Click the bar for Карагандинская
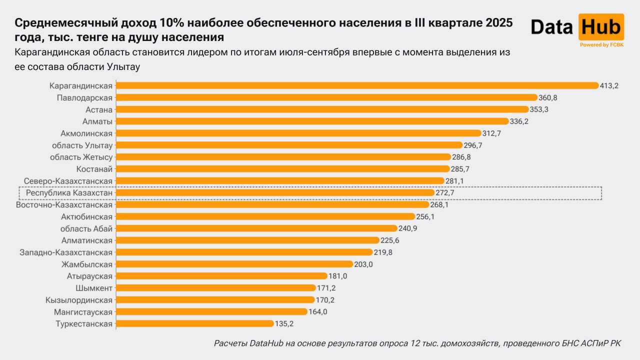click(x=357, y=85)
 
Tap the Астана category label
click(x=99, y=109)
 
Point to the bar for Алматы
click(x=312, y=121)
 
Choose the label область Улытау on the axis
click(x=82, y=145)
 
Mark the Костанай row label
click(x=94, y=169)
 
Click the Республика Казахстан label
click(x=69, y=192)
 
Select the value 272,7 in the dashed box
click(x=445, y=192)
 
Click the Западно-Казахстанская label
click(x=66, y=252)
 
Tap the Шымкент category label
click(x=95, y=288)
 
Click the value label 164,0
click(x=318, y=312)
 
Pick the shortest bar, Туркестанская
click(x=194, y=324)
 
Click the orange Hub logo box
click(x=601, y=27)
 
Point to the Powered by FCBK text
click(x=601, y=45)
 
